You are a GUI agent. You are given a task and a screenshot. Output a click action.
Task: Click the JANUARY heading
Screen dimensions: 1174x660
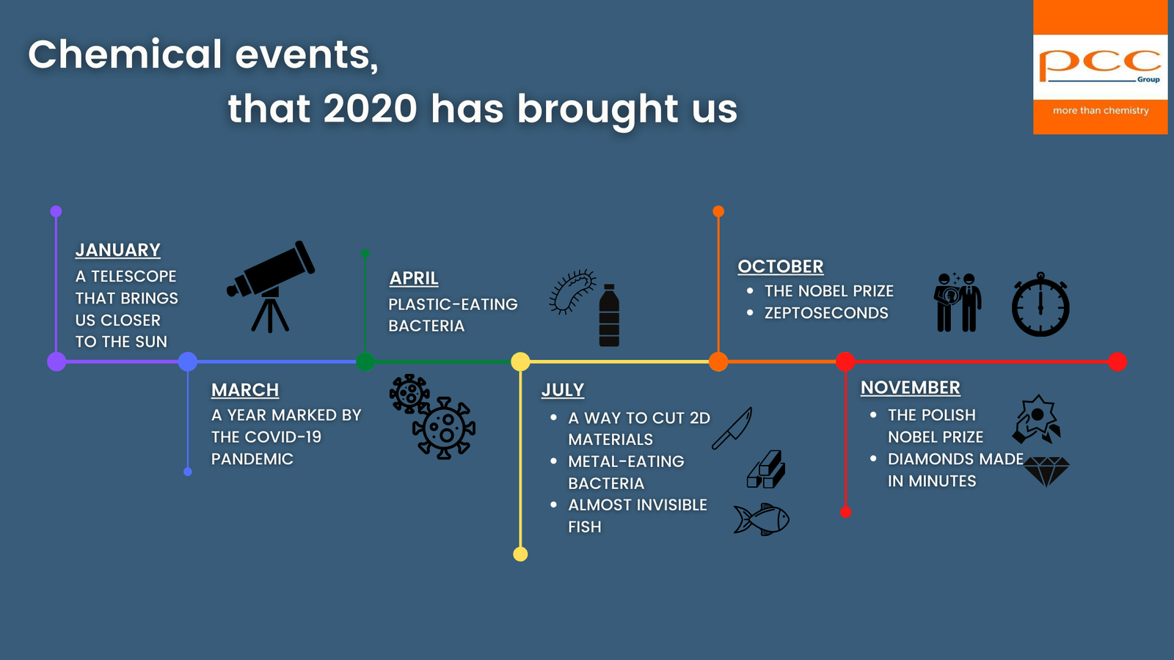(118, 250)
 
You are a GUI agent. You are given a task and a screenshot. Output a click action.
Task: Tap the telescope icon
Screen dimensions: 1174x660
(271, 287)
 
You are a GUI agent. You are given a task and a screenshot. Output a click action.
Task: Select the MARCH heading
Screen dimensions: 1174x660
(245, 390)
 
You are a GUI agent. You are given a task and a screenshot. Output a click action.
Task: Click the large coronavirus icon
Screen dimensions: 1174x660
(444, 428)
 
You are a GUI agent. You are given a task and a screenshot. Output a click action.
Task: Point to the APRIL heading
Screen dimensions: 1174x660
(414, 278)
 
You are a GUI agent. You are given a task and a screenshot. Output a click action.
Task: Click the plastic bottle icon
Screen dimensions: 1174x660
(609, 315)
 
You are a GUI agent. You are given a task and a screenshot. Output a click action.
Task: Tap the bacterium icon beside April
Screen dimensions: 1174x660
(572, 292)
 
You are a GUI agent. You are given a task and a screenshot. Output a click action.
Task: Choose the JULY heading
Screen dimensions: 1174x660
(562, 390)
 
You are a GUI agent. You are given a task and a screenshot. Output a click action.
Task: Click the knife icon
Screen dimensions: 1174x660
(732, 428)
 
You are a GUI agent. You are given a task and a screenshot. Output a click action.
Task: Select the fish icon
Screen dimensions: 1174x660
(762, 519)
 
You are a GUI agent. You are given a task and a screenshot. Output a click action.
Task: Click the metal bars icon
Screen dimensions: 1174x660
(766, 469)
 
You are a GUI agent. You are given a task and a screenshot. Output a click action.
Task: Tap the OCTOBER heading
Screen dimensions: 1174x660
(781, 267)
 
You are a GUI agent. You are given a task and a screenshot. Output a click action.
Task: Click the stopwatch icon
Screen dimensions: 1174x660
(1040, 304)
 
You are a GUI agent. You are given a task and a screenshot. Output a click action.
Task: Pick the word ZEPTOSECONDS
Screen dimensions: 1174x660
(826, 313)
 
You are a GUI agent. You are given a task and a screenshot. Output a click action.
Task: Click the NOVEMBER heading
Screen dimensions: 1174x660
(911, 388)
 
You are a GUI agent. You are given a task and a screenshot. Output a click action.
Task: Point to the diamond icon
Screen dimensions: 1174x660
(1046, 472)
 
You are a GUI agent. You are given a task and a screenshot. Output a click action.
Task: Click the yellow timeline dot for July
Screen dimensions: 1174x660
(520, 362)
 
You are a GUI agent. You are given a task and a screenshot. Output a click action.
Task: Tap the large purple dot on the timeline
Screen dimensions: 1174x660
(56, 362)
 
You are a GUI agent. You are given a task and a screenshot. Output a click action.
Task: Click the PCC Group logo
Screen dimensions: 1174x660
(1100, 67)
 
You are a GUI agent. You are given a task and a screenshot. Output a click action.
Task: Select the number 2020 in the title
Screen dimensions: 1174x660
(370, 109)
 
